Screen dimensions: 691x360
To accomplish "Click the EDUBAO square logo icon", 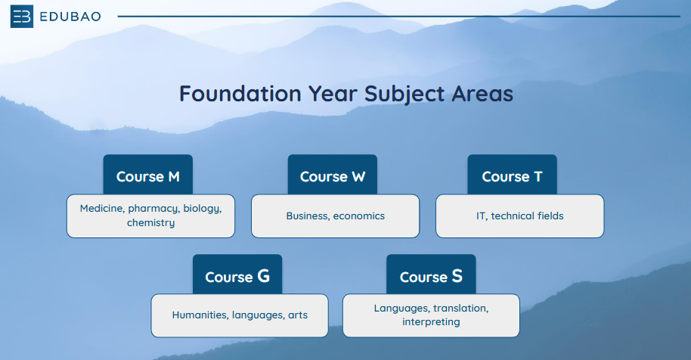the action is pos(22,17).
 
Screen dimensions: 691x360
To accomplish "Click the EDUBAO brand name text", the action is pos(70,17).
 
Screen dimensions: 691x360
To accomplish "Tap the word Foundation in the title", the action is pos(240,94).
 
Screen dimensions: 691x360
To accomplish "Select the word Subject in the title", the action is pos(404,95).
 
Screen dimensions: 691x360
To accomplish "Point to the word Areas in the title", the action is pos(482,94).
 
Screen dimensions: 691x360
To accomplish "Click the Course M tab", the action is pos(148,175).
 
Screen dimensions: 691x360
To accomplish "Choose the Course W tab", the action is pos(333,175).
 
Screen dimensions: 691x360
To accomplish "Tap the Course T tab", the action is pos(512,175).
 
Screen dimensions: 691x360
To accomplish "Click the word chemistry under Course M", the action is pos(150,223).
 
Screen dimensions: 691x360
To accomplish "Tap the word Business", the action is pos(308,216).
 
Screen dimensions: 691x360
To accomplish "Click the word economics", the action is pos(358,216).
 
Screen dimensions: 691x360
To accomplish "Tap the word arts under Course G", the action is pos(298,315).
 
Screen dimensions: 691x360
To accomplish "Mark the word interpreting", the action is pos(431,322).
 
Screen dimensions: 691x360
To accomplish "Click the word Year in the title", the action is pos(333,94).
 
